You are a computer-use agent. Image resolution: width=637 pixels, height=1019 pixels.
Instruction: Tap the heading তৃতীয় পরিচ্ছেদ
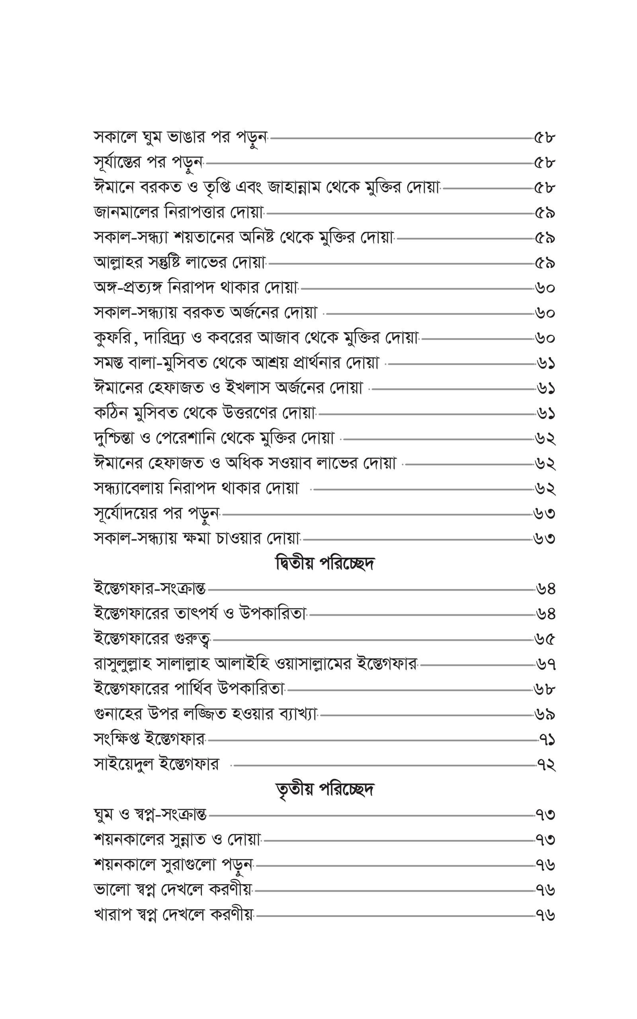coord(325,789)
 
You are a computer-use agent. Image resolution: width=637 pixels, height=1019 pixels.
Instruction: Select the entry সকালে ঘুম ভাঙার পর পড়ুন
coord(180,138)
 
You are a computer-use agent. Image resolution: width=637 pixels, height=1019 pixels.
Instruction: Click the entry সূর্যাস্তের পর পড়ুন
coord(148,162)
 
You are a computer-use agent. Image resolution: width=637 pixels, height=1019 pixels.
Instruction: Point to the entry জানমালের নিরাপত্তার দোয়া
coord(179,213)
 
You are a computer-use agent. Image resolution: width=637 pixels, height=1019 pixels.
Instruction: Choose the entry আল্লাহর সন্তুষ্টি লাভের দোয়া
coord(180,263)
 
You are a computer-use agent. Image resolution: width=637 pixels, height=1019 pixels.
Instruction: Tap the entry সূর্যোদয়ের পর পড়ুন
coord(156,514)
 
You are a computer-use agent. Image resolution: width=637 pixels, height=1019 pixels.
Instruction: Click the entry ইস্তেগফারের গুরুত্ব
coord(152,640)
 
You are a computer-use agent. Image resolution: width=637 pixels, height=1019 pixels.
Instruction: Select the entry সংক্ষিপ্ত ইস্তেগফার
coord(150,740)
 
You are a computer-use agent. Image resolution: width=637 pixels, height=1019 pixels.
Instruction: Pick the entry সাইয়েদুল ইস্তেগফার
coord(156,765)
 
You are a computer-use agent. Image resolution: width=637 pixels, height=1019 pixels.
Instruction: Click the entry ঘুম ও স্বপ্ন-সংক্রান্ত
coord(150,815)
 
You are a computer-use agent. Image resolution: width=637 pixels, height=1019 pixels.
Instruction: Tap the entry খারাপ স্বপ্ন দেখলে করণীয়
coord(174,916)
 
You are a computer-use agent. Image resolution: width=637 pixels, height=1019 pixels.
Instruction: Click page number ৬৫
coord(545,640)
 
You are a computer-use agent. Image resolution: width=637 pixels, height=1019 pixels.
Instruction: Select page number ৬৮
coord(545,690)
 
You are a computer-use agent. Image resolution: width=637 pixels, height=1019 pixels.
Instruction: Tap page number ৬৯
coord(545,715)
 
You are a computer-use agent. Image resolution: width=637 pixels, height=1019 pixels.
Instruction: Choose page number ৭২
coord(546,765)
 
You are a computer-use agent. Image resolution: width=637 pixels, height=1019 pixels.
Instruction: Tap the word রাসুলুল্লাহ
coord(122,665)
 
